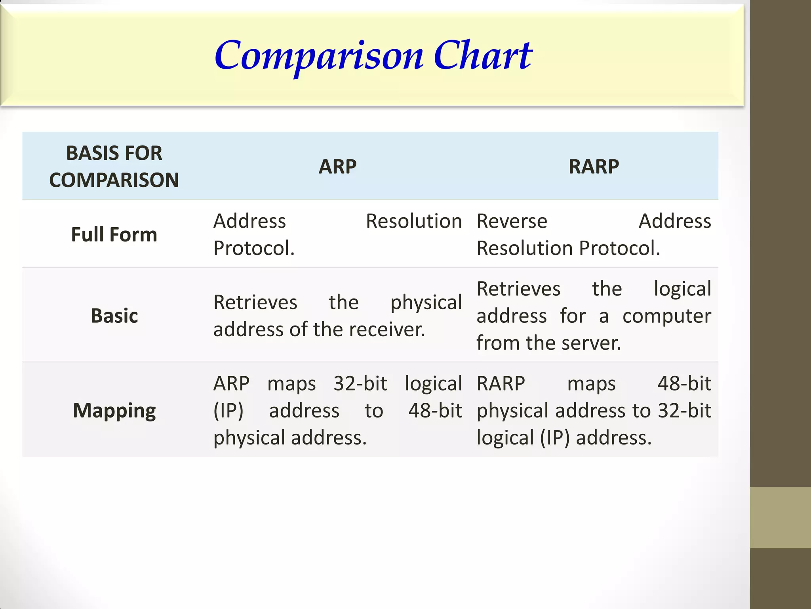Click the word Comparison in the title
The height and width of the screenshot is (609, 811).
319,56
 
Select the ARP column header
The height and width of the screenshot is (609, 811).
337,167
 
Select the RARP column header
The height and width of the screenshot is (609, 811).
593,167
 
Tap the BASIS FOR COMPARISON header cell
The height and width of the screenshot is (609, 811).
114,167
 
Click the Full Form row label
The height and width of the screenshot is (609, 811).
114,234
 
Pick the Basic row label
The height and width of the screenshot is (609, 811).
114,316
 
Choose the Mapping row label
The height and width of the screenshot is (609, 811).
114,411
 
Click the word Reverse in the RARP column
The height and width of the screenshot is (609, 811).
512,221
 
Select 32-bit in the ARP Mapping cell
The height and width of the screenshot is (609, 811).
360,384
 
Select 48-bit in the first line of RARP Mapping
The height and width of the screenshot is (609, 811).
684,384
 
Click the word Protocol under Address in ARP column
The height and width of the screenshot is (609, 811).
253,249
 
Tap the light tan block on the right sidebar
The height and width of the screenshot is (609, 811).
780,517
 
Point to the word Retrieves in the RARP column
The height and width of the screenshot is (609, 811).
518,289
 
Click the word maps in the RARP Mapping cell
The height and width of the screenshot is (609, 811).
591,384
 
